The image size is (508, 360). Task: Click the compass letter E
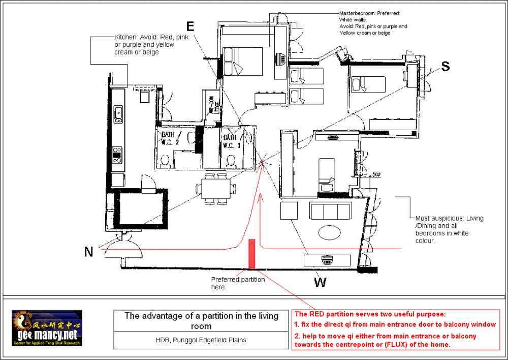pyautogui.click(x=190, y=26)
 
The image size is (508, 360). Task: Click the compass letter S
pyautogui.click(x=445, y=66)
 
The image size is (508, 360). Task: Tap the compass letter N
pyautogui.click(x=89, y=252)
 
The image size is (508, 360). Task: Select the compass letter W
pyautogui.click(x=320, y=282)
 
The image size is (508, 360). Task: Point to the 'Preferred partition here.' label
pyautogui.click(x=238, y=283)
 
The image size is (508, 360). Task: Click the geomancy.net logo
pyautogui.click(x=47, y=329)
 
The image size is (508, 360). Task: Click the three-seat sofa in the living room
pyautogui.click(x=331, y=211)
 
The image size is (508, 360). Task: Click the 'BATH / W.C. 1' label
pyautogui.click(x=230, y=141)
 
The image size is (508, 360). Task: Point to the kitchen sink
pyautogui.click(x=118, y=114)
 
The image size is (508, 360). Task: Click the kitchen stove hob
pyautogui.click(x=117, y=155)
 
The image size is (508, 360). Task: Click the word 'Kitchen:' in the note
pyautogui.click(x=125, y=38)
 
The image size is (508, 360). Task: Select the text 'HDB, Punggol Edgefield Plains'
pyautogui.click(x=202, y=340)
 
